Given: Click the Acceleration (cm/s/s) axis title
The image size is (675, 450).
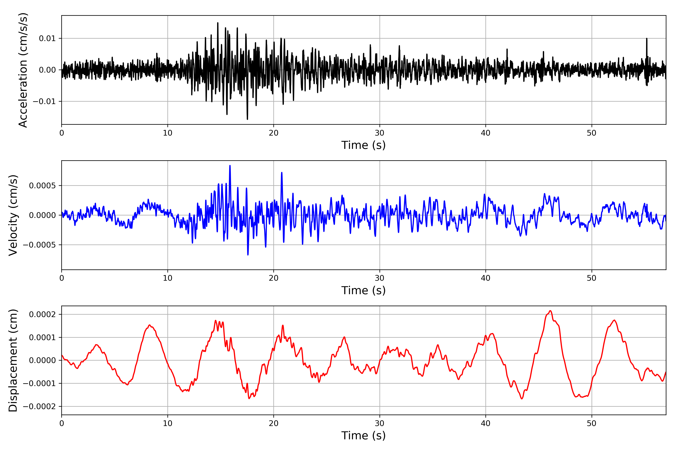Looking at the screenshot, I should (x=23, y=70).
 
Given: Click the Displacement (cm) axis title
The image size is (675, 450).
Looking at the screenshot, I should (x=13, y=360).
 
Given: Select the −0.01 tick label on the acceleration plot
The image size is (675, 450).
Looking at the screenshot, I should (x=44, y=101).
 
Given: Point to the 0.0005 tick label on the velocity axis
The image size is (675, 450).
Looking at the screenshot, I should (x=42, y=186).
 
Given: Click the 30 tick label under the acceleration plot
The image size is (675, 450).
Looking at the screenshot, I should (x=379, y=133).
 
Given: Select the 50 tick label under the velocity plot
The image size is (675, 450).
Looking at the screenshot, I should (x=592, y=278).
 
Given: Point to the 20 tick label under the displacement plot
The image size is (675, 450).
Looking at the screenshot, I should (x=274, y=423).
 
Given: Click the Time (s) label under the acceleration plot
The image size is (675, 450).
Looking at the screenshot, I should (x=363, y=145).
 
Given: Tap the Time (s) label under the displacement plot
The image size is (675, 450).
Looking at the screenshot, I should (x=363, y=436).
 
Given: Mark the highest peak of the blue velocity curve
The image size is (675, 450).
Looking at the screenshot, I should (x=230, y=166).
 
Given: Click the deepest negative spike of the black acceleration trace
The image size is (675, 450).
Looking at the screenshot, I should (x=247, y=119).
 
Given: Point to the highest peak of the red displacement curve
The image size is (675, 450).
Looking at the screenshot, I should (x=550, y=311).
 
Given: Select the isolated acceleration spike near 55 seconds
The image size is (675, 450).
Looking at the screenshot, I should (x=646, y=38).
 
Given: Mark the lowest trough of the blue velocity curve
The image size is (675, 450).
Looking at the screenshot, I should (x=248, y=255).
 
